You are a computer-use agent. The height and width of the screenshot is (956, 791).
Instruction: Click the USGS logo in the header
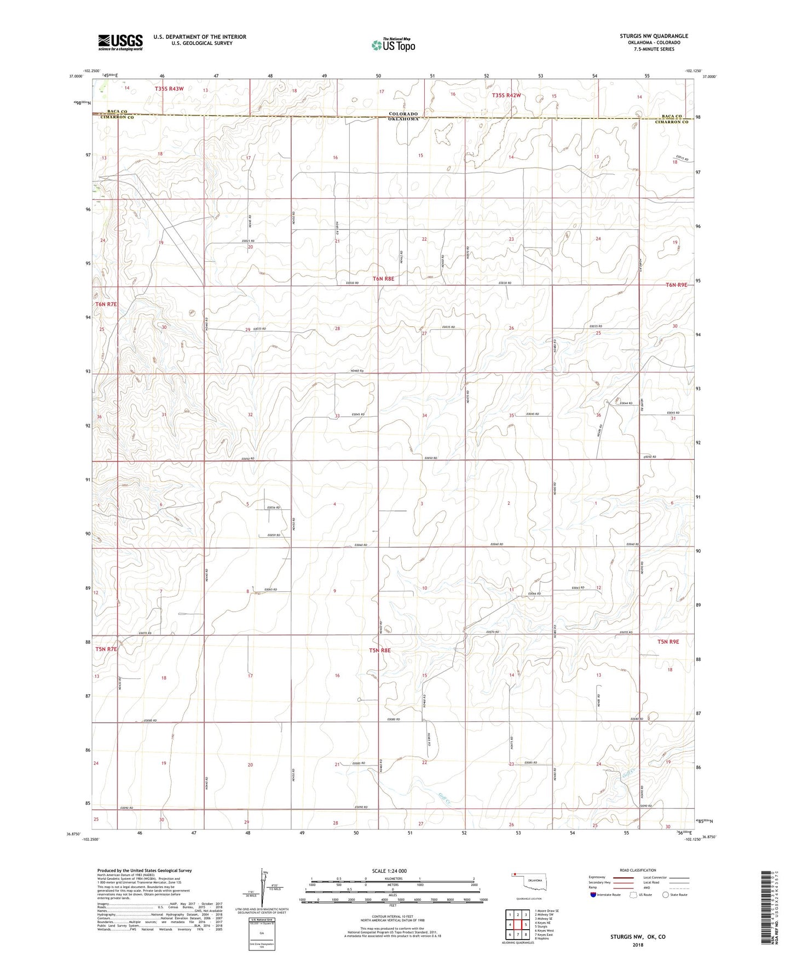[120, 42]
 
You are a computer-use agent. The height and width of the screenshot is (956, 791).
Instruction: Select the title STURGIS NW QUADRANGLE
[654, 36]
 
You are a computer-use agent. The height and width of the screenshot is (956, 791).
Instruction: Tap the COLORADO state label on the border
[403, 114]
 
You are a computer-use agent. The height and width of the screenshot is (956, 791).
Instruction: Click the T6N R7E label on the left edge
[106, 304]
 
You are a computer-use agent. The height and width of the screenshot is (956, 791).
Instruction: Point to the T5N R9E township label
[668, 641]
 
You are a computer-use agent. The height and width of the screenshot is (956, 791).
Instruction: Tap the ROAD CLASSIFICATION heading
[638, 870]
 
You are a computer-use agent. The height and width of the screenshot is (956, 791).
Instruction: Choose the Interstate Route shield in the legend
[593, 895]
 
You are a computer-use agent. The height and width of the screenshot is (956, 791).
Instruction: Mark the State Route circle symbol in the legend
[666, 895]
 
